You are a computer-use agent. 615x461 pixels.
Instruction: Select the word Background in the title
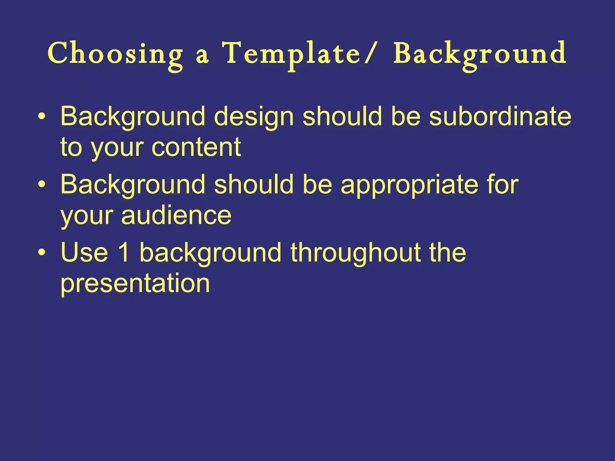tap(480, 54)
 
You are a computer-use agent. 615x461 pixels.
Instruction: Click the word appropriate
tap(409, 185)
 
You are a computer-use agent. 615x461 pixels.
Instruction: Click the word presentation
tap(135, 284)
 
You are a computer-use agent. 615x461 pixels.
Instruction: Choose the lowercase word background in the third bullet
tap(211, 253)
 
